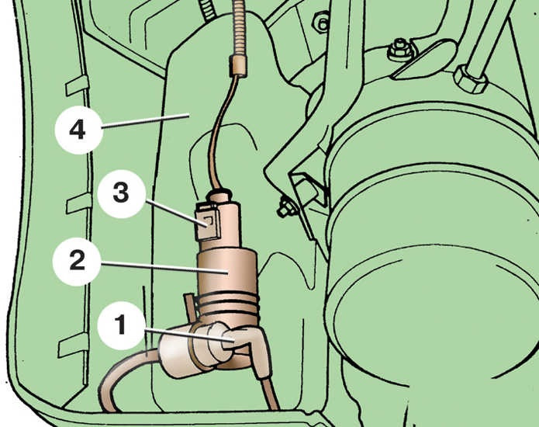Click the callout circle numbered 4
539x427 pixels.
pos(79,130)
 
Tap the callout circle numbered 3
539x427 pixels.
pos(122,194)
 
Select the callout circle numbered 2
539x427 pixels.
pos(77,262)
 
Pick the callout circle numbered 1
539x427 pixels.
pos(121,325)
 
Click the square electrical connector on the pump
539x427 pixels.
pos(207,222)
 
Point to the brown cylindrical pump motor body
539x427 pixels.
pos(227,272)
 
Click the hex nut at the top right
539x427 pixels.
pos(470,79)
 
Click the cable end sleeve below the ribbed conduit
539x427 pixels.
pos(237,65)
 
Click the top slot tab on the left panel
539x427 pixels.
pos(77,86)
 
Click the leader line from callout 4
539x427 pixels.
pos(146,121)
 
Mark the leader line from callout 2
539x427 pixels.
pos(164,268)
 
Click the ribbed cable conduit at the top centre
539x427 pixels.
pos(238,28)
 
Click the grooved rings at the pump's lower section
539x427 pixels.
pos(228,306)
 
